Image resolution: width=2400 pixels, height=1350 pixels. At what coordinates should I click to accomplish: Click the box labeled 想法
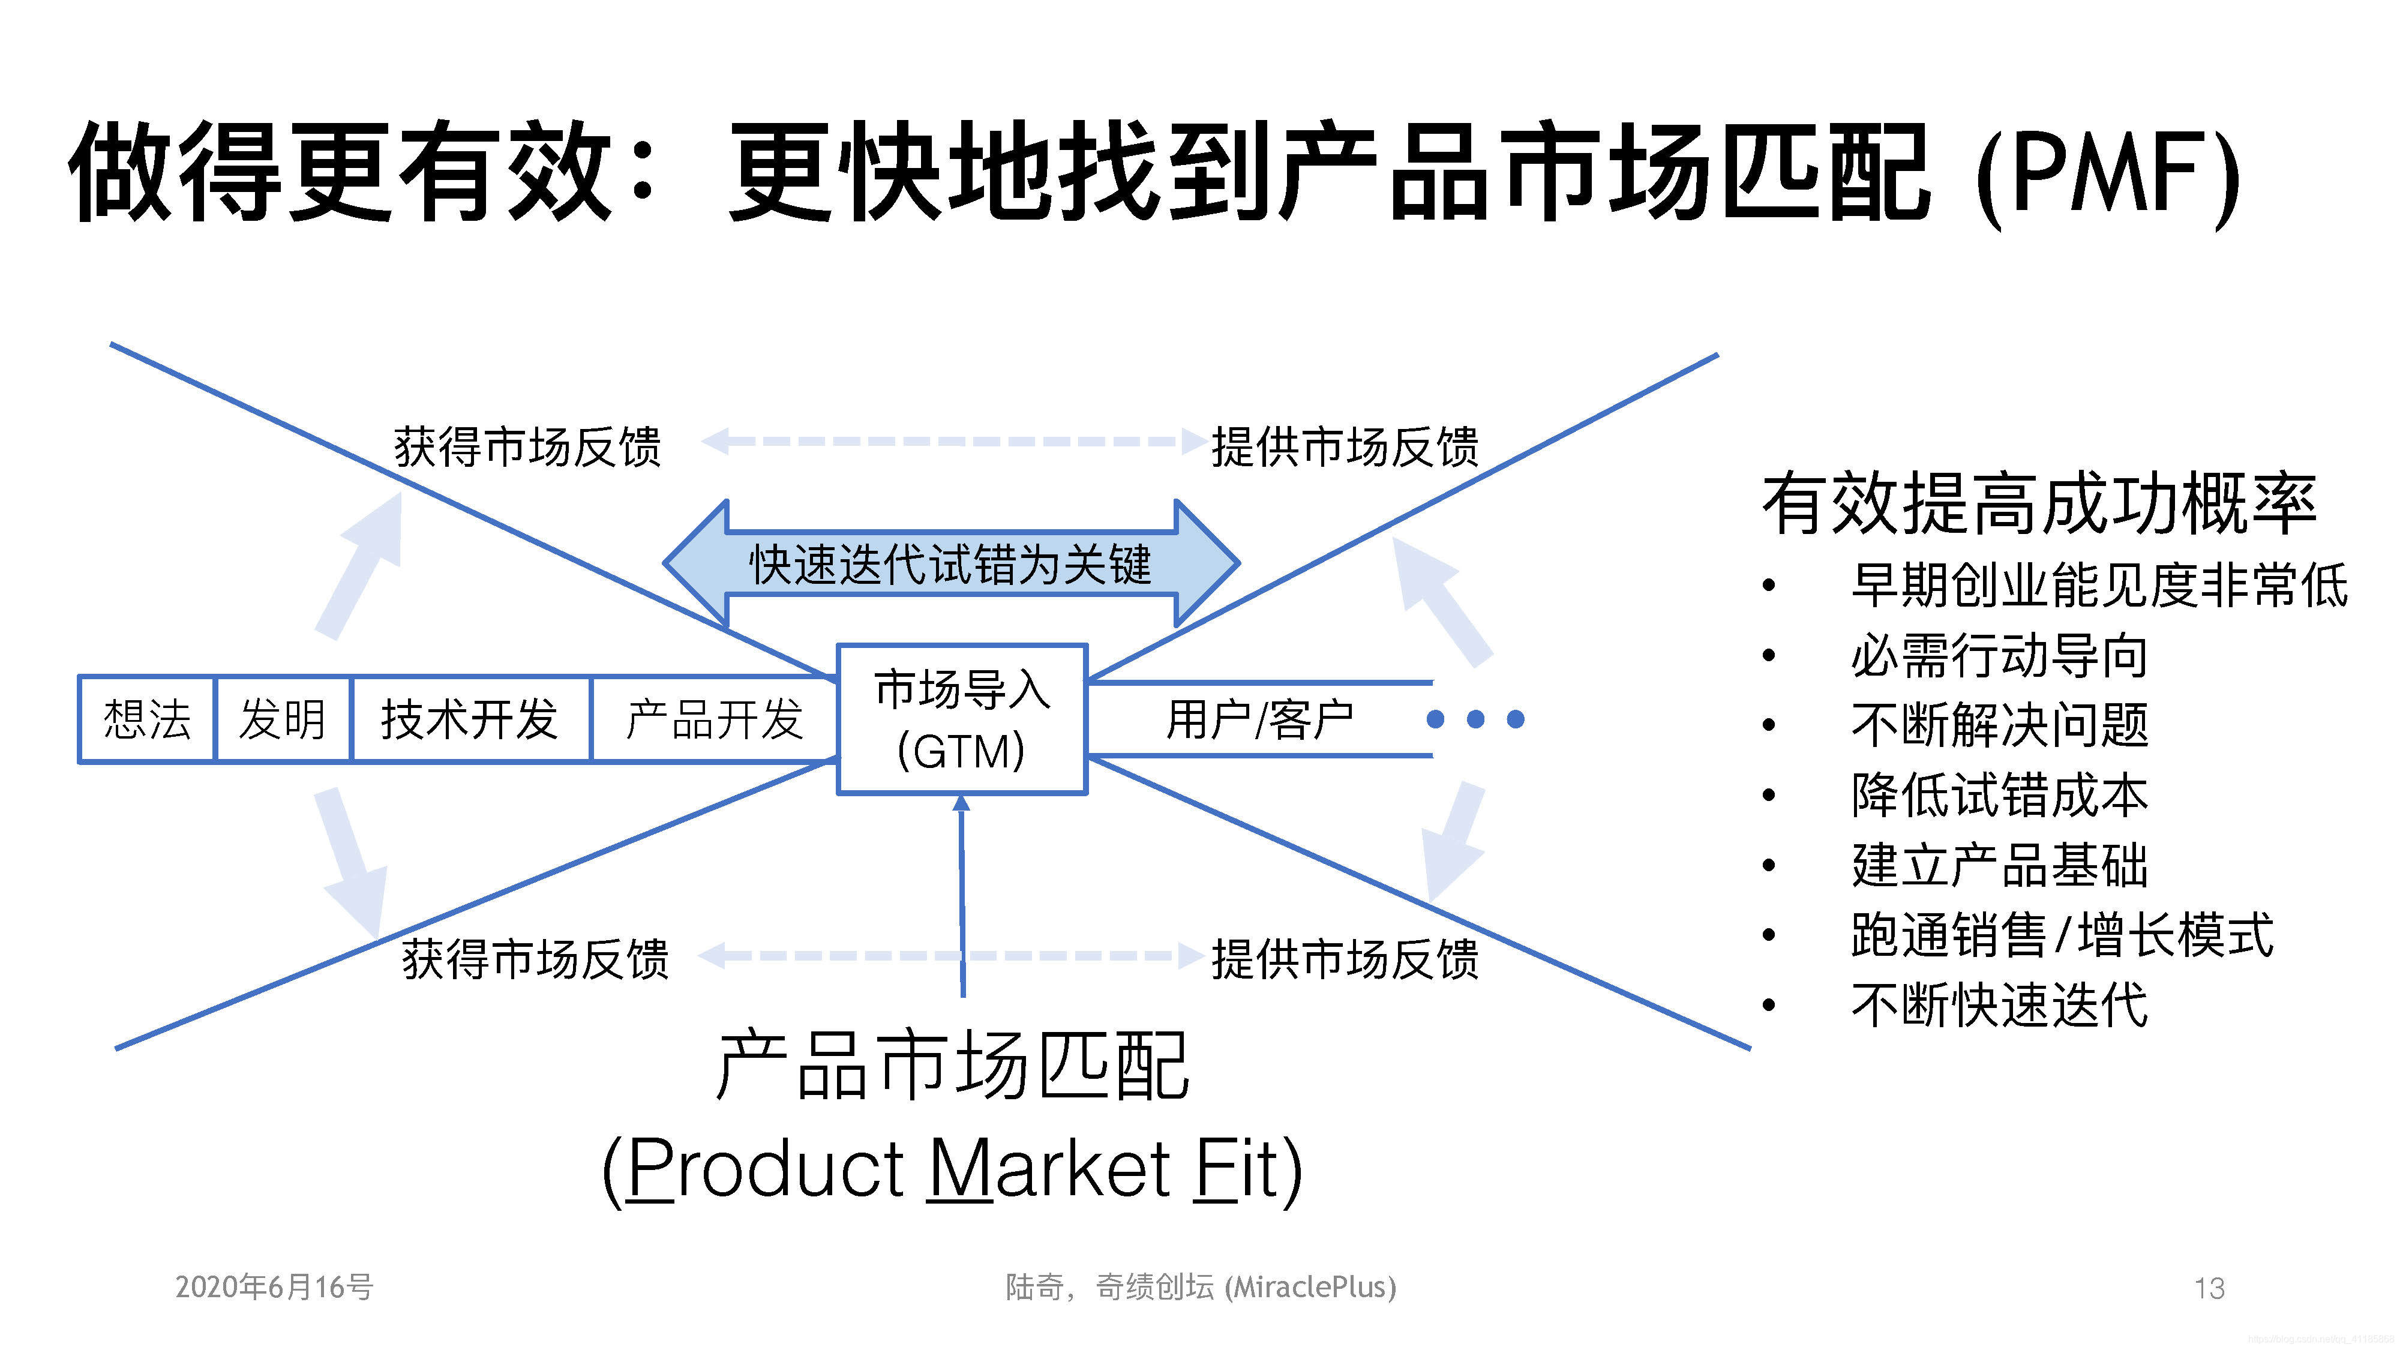pyautogui.click(x=147, y=719)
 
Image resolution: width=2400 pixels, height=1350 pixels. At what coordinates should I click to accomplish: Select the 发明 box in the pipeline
pyautogui.click(x=282, y=719)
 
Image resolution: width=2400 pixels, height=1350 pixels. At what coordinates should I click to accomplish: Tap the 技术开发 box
pyautogui.click(x=470, y=719)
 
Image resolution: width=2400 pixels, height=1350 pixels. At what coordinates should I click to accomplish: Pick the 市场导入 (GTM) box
pyautogui.click(x=961, y=719)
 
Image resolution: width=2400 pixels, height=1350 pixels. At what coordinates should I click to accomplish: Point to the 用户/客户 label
pyautogui.click(x=1259, y=719)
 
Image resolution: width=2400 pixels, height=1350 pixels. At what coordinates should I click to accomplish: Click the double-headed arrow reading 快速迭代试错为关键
pyautogui.click(x=950, y=563)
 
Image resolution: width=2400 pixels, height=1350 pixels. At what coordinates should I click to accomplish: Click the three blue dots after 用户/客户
pyautogui.click(x=1476, y=719)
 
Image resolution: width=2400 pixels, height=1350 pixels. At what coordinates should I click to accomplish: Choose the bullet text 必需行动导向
pyautogui.click(x=1999, y=655)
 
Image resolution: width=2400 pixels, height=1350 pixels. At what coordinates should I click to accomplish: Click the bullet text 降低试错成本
pyautogui.click(x=1999, y=795)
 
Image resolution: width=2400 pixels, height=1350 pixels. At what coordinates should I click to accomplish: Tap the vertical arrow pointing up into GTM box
pyautogui.click(x=962, y=895)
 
